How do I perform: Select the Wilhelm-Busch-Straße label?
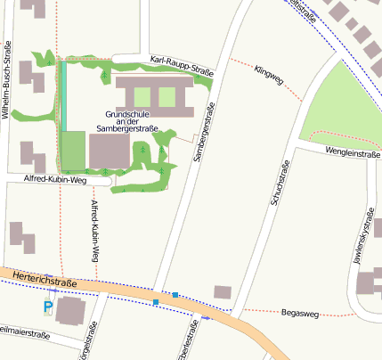point(7,80)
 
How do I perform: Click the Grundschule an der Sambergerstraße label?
point(132,122)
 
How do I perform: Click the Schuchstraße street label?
point(278,185)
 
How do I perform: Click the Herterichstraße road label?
point(45,281)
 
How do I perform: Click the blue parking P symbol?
point(48,307)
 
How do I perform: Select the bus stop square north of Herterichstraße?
point(175,294)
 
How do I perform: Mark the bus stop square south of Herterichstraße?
point(156,303)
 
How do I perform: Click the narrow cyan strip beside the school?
point(62,96)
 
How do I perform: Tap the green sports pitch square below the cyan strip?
point(73,151)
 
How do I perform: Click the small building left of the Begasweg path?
point(222,291)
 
